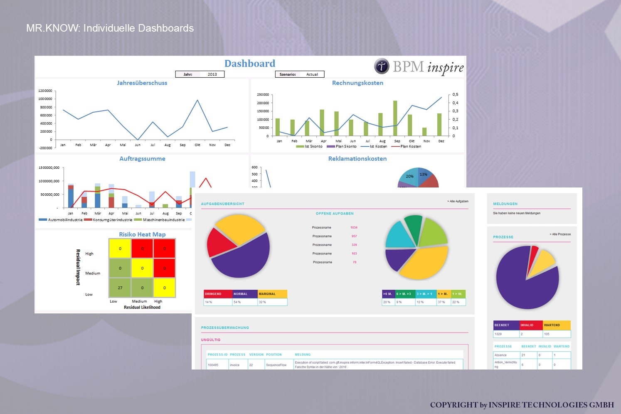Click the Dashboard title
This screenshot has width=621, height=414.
[250, 64]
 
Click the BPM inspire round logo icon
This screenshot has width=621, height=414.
[382, 66]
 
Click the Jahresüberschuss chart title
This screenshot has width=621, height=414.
[142, 83]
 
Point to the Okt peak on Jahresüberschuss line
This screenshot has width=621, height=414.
[197, 100]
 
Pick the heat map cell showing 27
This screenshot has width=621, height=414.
[120, 288]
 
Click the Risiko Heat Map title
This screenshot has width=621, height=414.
[142, 234]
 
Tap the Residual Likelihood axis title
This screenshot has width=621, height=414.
[142, 308]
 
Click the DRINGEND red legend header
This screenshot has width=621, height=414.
[218, 294]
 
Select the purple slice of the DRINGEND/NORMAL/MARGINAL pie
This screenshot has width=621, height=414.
[243, 258]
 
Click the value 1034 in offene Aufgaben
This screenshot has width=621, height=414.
[354, 228]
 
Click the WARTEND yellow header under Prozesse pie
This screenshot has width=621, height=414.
[557, 325]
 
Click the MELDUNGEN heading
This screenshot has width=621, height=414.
[505, 204]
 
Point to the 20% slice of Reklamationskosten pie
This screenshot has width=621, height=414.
[409, 177]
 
